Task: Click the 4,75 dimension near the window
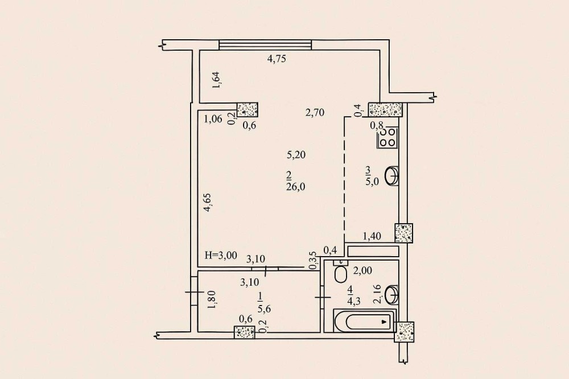coord(277,59)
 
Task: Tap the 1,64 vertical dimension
coord(217,80)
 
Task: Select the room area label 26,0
coord(295,187)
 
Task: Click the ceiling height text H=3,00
coord(221,255)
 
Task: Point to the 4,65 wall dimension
coord(208,203)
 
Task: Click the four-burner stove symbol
coord(387,138)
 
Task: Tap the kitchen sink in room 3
coord(392,176)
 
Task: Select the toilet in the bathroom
coord(340,272)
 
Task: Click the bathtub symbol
coord(365,321)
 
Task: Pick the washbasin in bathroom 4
coord(392,295)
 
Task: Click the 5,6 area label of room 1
coord(264,309)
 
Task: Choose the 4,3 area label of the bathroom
coord(353,301)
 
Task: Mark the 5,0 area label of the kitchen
coord(372,181)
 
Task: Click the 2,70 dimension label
coord(315,113)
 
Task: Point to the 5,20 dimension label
coord(296,155)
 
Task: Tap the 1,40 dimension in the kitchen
coord(372,236)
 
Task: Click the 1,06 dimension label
coord(213,119)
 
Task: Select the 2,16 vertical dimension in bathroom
coord(377,294)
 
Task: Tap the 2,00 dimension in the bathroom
coord(362,271)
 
